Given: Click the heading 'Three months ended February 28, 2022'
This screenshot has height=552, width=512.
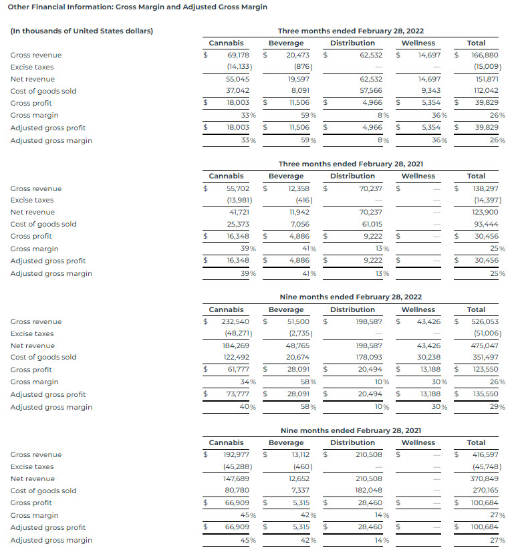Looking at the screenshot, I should (351, 31).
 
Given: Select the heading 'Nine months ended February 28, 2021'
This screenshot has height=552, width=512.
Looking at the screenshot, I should (351, 430).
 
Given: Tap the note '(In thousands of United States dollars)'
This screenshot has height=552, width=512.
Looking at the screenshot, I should (82, 31).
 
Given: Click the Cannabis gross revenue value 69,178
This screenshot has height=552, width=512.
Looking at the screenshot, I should (238, 55).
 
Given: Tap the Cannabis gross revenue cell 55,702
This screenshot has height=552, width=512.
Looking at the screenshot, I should (238, 188).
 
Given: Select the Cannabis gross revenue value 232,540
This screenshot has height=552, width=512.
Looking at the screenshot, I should (235, 321).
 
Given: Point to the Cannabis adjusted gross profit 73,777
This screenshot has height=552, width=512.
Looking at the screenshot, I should (238, 394).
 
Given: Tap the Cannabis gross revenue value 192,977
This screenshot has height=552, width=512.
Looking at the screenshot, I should (235, 454).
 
